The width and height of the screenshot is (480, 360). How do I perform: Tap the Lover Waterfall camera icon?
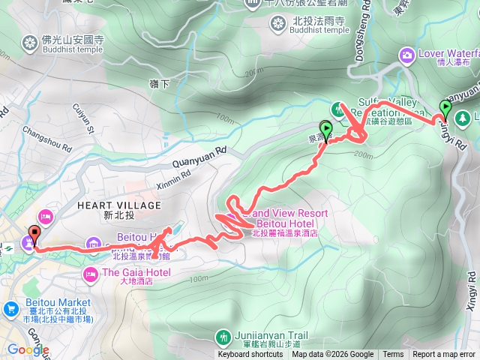[407, 54]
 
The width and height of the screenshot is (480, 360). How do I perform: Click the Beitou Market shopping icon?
[11, 307]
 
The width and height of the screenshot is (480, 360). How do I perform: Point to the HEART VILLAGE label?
[119, 205]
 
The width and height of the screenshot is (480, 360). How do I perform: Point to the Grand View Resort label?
[292, 214]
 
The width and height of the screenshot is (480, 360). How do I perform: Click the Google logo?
[28, 349]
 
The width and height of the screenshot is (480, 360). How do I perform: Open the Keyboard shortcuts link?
[251, 354]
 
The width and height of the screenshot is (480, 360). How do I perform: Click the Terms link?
[393, 354]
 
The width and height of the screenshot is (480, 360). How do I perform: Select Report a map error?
[445, 354]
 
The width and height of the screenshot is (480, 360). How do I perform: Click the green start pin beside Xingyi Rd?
[445, 111]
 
